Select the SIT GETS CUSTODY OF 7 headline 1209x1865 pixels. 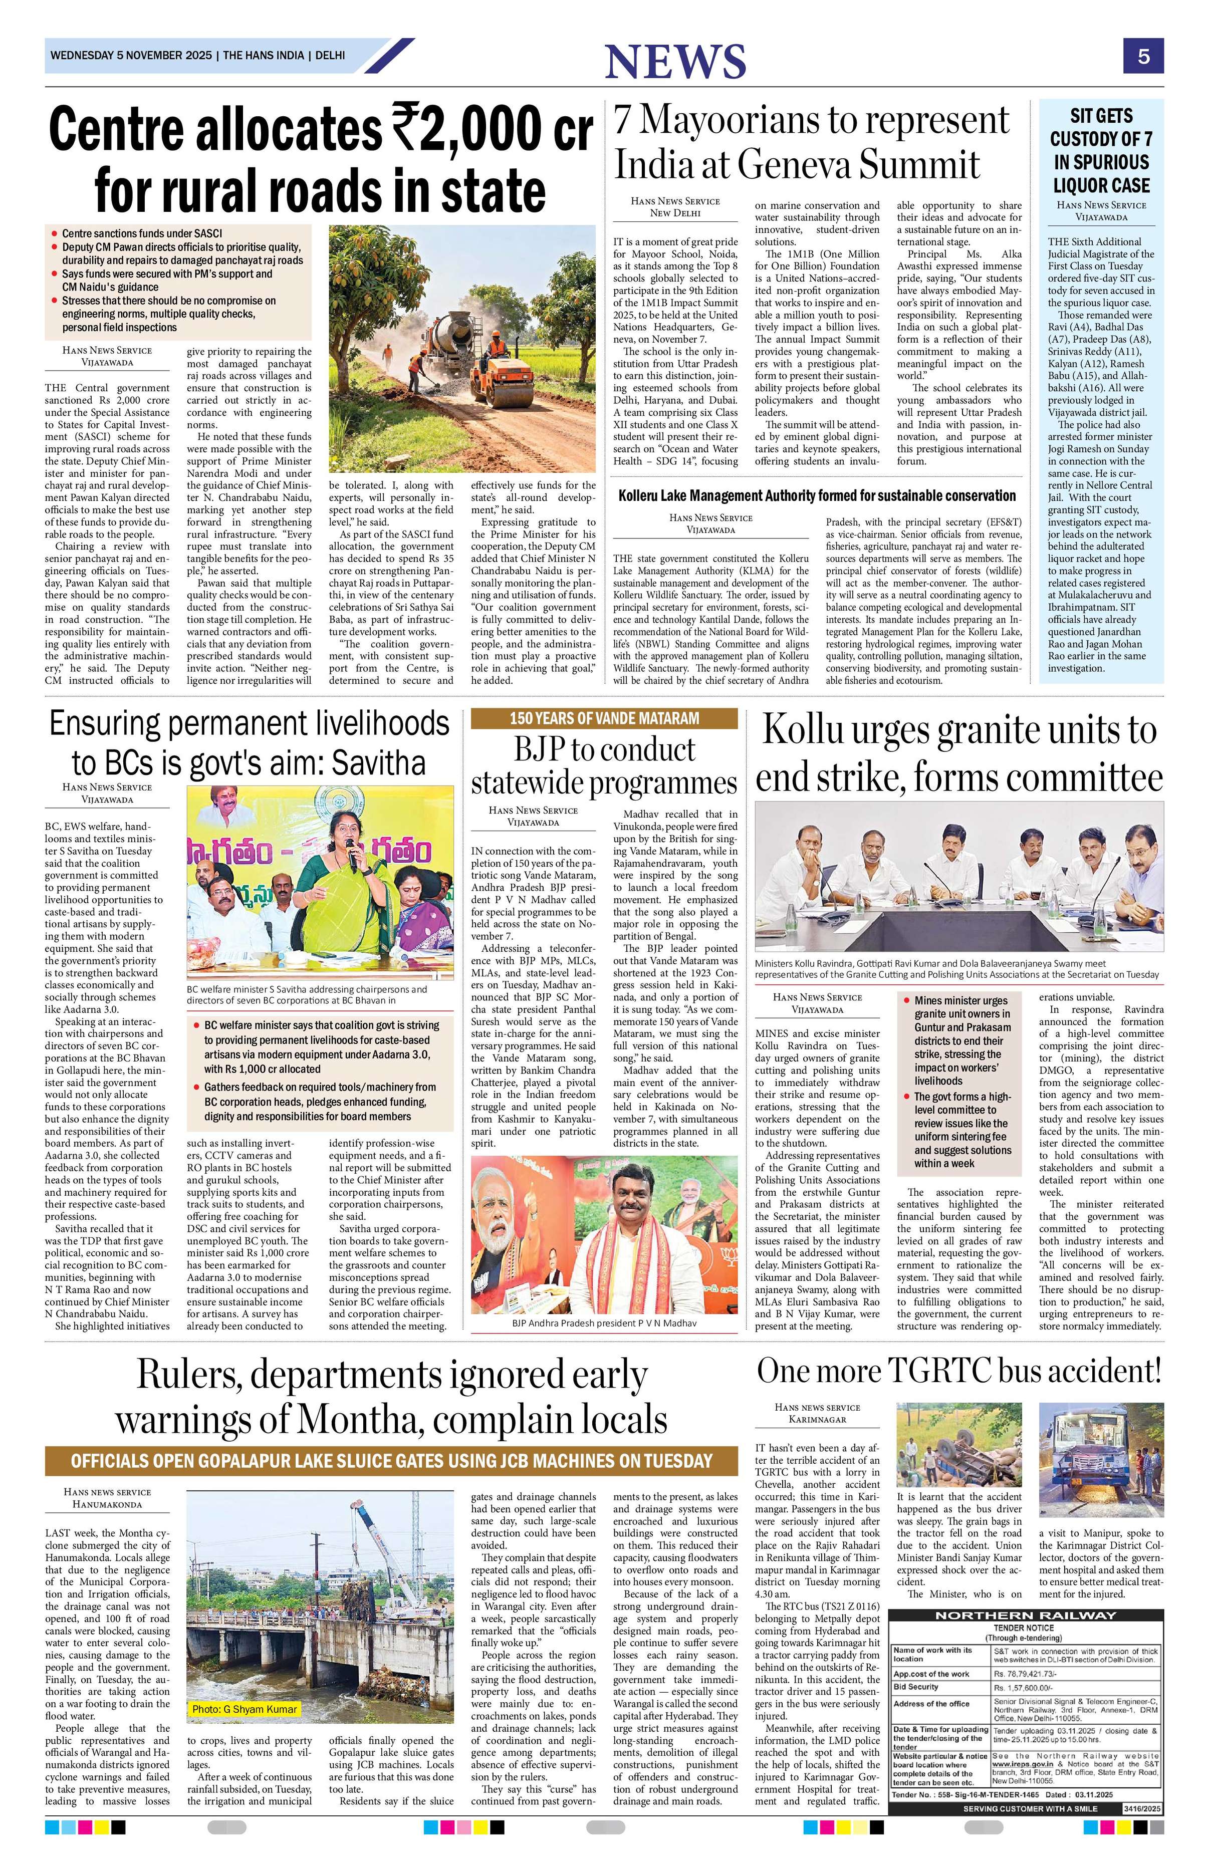[1101, 150]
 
